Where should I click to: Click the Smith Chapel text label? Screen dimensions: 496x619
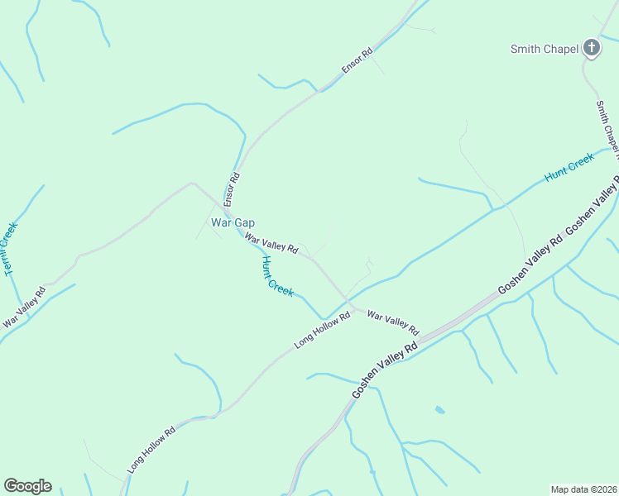point(544,49)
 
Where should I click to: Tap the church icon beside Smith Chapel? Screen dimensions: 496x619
point(591,48)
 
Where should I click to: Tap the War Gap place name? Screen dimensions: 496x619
point(233,222)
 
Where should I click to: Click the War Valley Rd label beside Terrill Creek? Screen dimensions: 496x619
point(24,306)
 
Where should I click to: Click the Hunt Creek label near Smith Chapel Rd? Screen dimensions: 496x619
point(569,167)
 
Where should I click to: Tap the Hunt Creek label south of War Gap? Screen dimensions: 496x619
point(277,276)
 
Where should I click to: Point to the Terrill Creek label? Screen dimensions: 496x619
point(10,249)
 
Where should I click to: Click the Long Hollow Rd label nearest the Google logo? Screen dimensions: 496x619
point(151,450)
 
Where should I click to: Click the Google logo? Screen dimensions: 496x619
point(27,486)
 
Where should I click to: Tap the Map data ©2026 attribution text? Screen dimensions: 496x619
point(583,489)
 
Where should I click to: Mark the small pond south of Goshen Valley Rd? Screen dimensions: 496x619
point(439,409)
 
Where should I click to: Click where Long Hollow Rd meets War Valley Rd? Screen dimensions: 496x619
point(354,308)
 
